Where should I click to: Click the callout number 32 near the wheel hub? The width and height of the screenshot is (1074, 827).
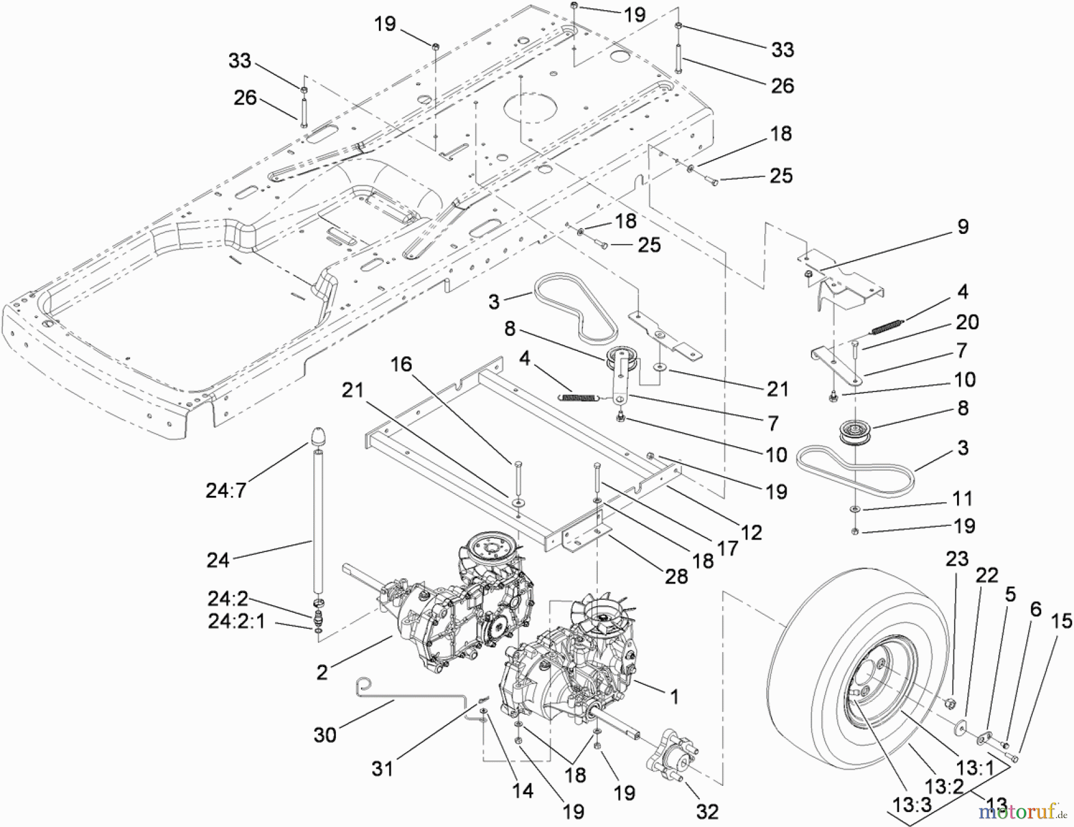[706, 811]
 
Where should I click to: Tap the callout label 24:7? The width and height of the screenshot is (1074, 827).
[226, 490]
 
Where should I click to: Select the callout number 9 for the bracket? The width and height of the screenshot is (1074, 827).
[962, 227]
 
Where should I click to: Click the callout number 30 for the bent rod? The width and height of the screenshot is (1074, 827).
[325, 735]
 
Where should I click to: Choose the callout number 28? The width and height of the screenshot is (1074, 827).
[676, 576]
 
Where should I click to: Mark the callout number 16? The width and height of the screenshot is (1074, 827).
[401, 364]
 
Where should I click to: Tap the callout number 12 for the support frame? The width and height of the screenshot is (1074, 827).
[751, 532]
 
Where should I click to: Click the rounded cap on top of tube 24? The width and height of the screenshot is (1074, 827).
[317, 436]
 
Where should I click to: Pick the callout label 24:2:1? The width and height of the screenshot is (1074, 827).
[236, 622]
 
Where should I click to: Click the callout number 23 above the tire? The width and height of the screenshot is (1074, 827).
[956, 559]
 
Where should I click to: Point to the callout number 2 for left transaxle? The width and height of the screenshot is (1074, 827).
[322, 672]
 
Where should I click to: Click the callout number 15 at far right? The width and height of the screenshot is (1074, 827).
[1061, 621]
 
